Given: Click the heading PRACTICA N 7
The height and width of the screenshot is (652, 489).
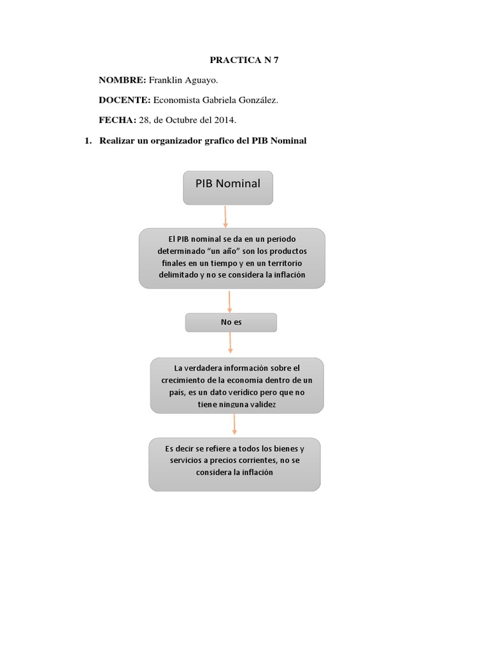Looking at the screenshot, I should (244, 60).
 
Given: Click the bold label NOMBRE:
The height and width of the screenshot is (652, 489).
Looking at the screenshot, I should (122, 80).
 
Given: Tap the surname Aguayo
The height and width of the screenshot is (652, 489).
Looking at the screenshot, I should (199, 81).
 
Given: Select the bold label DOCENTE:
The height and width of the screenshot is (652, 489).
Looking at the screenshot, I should (124, 100).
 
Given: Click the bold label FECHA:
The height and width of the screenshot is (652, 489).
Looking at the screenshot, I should (117, 120).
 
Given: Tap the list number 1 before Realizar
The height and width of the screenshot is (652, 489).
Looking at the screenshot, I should (88, 140).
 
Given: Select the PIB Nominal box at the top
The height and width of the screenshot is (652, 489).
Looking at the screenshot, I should (227, 187).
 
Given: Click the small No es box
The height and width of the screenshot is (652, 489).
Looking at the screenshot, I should (231, 322).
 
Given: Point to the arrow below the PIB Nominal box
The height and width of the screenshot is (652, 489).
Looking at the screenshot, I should (225, 216).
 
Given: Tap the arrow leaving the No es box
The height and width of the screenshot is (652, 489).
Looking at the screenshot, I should (230, 343).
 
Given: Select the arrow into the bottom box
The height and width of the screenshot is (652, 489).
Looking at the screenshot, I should (234, 424).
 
